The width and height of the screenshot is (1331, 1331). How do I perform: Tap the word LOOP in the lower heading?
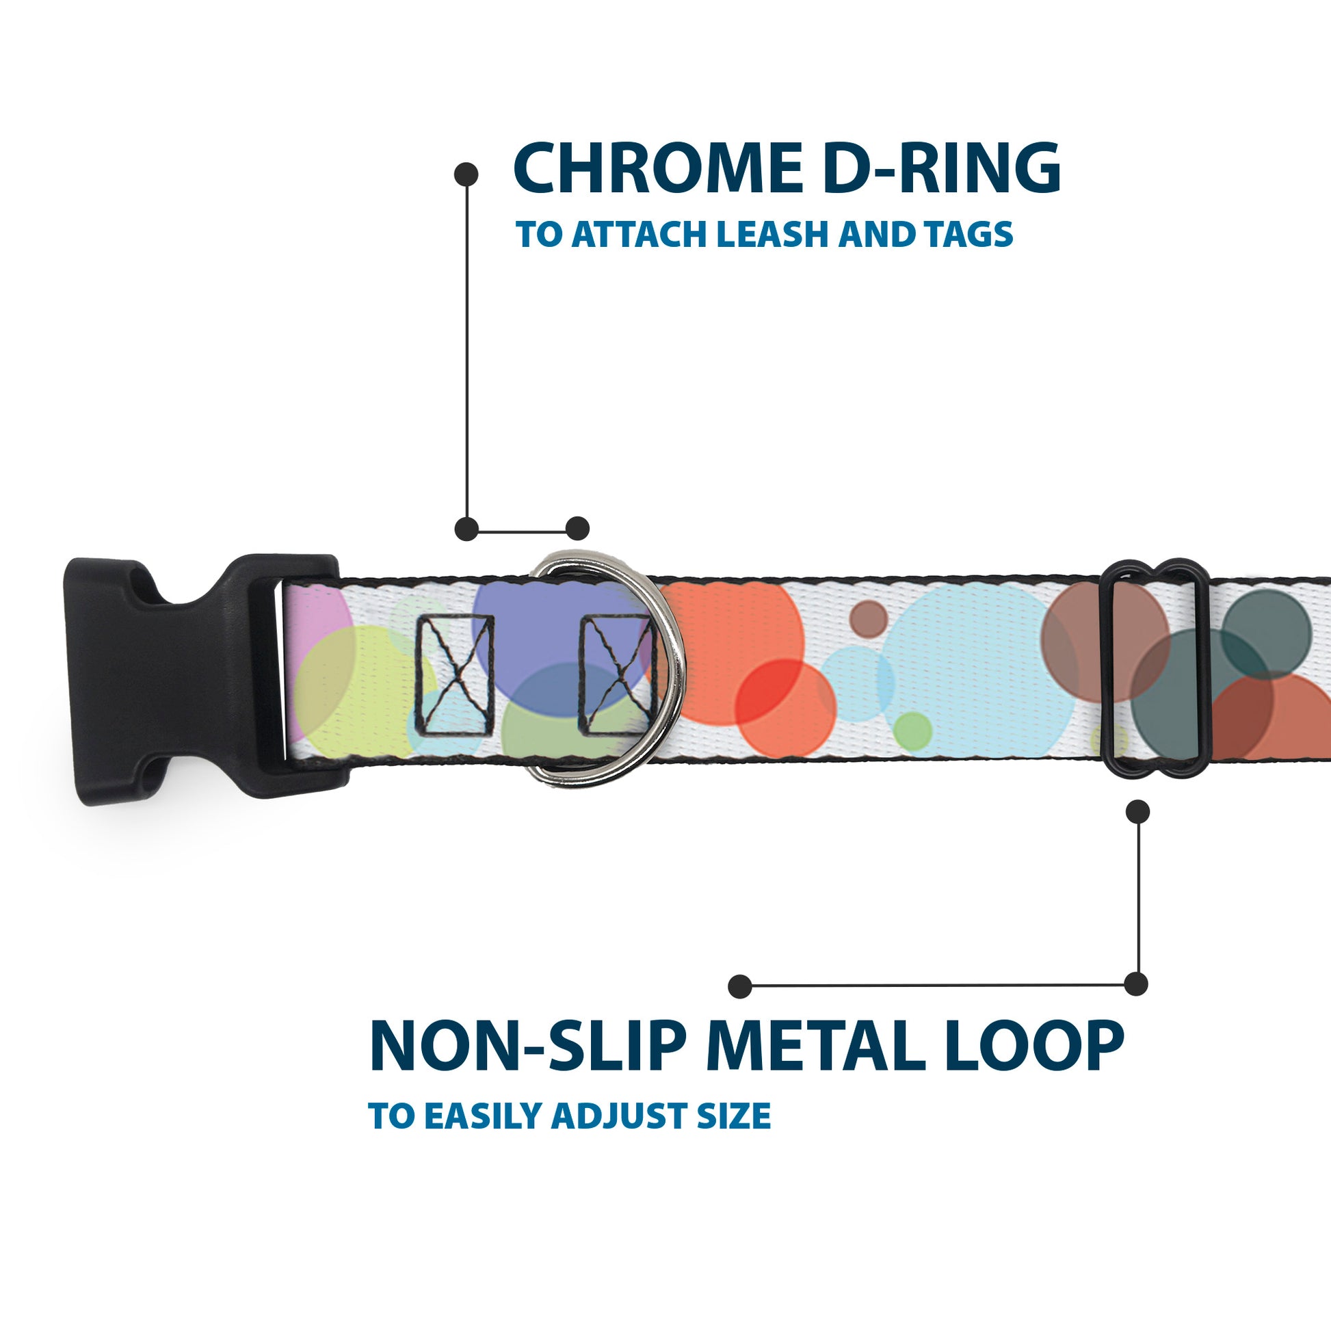pyautogui.click(x=1033, y=1047)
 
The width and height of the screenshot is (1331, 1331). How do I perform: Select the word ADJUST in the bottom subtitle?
pyautogui.click(x=620, y=1116)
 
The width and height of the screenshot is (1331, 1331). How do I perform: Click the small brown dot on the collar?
pyautogui.click(x=868, y=618)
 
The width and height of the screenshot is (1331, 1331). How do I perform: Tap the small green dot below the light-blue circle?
pyautogui.click(x=913, y=730)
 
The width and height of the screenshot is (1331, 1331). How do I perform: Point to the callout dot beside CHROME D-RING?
pyautogui.click(x=466, y=174)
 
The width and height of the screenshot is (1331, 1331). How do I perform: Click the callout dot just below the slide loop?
pyautogui.click(x=1137, y=812)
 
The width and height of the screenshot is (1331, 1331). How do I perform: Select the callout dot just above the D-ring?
pyautogui.click(x=577, y=529)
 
